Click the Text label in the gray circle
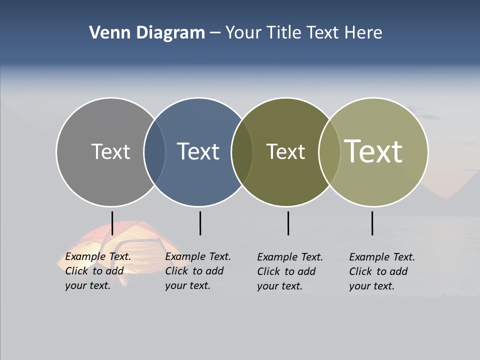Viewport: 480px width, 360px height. pyautogui.click(x=110, y=151)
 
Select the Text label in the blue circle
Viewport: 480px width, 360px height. pyautogui.click(x=198, y=151)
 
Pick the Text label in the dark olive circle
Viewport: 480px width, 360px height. pyautogui.click(x=285, y=151)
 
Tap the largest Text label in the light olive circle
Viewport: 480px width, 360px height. pyautogui.click(x=373, y=151)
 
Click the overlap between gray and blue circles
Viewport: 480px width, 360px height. pyautogui.click(x=154, y=151)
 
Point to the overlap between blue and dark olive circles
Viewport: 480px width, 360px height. pyautogui.click(x=242, y=151)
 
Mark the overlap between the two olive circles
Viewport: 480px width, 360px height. pyautogui.click(x=329, y=151)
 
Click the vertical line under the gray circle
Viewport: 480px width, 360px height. pyautogui.click(x=112, y=223)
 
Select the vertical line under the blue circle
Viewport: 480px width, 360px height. pyautogui.click(x=200, y=223)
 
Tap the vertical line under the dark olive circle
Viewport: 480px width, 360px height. pyautogui.click(x=288, y=223)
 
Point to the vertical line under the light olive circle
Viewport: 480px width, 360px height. pyautogui.click(x=372, y=223)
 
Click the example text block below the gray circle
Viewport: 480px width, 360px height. pyautogui.click(x=98, y=271)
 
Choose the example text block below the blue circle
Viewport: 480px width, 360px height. pyautogui.click(x=198, y=271)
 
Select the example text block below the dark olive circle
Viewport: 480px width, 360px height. pyautogui.click(x=290, y=271)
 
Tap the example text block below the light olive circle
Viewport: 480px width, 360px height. pyautogui.click(x=382, y=271)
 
